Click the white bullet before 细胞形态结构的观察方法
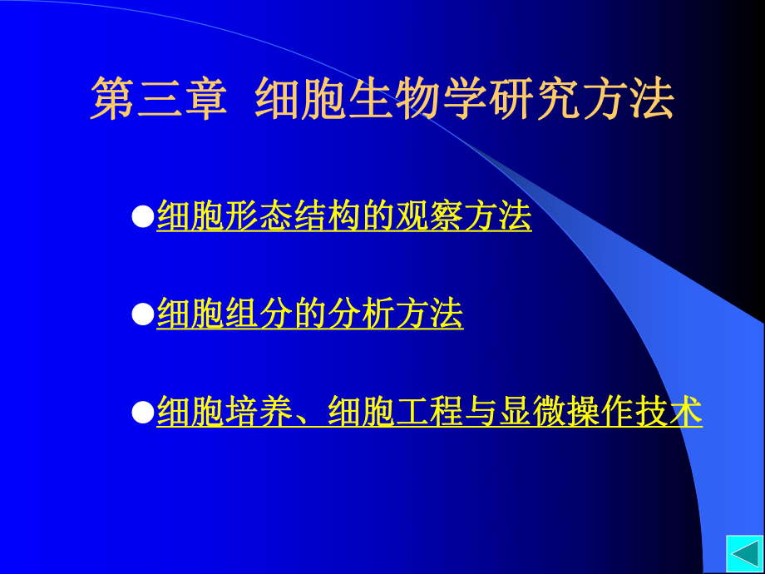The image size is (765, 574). coord(143,217)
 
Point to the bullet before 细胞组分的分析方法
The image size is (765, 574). coord(143,314)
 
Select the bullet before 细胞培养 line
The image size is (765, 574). coord(143,412)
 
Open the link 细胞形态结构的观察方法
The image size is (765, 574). coord(343,217)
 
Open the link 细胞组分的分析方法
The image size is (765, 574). coord(309,314)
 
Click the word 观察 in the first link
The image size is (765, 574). coord(429,217)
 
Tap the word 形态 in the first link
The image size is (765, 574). coord(259,217)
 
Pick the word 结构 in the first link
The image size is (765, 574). coord(327,217)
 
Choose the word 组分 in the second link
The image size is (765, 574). coord(259,314)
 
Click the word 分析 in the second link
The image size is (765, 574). coord(361,314)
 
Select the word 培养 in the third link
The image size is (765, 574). coord(259,412)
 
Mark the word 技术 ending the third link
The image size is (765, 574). coord(669,412)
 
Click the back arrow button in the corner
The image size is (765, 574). coord(743,554)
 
